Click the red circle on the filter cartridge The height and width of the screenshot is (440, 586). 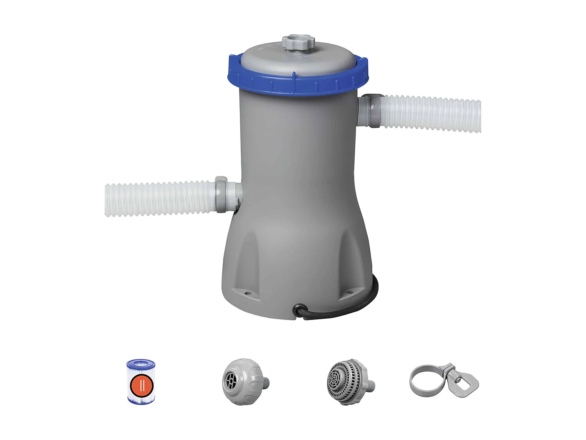coord(141,385)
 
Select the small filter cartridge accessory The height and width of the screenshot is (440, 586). coord(141,381)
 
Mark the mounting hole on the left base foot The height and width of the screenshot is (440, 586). coord(246,291)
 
